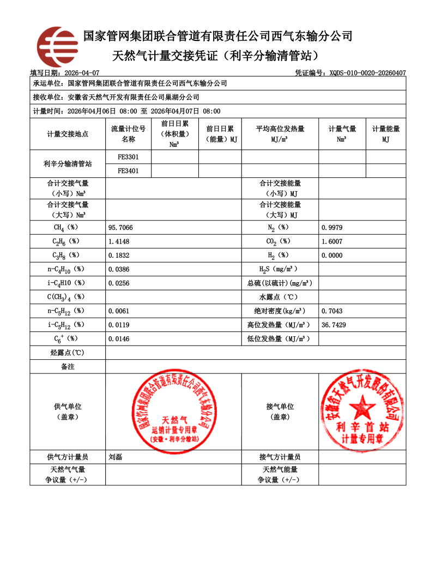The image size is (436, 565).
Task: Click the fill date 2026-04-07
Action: click(x=82, y=73)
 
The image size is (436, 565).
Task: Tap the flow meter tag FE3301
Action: click(x=128, y=157)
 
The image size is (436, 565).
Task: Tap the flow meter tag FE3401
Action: click(x=128, y=170)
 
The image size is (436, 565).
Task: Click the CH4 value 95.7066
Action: click(x=121, y=227)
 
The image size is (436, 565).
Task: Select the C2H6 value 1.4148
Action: click(x=119, y=241)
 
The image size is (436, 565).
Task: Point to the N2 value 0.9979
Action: click(x=332, y=227)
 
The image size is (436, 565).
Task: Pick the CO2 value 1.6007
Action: click(x=332, y=241)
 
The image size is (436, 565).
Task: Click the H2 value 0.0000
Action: click(x=332, y=255)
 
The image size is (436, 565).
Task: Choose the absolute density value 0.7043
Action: click(x=332, y=311)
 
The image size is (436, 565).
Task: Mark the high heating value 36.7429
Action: click(x=334, y=325)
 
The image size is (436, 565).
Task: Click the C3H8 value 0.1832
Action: click(x=119, y=255)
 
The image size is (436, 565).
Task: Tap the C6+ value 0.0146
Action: click(x=119, y=338)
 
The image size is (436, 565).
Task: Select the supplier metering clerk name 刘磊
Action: click(x=116, y=457)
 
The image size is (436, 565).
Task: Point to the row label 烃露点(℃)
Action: click(x=68, y=353)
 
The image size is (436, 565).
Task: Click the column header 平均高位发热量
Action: click(x=280, y=129)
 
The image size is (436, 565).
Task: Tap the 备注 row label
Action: click(x=68, y=367)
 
